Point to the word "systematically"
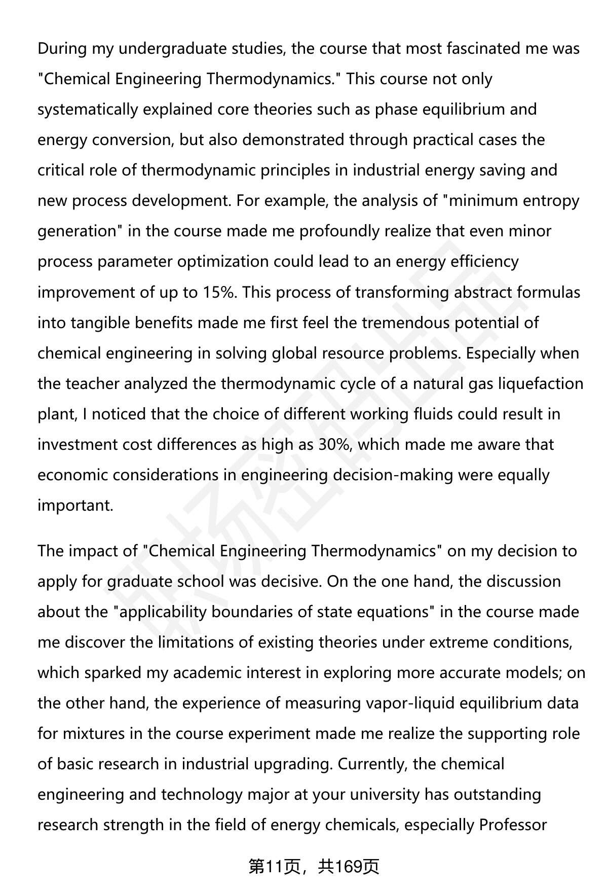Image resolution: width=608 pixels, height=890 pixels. pos(88,110)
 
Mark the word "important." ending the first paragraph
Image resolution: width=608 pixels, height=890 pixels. pos(75,506)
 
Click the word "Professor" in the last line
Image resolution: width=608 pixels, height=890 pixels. pos(513,825)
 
